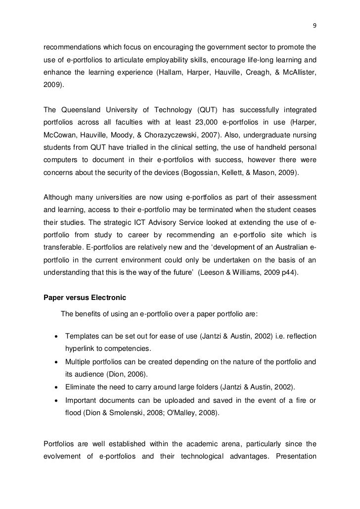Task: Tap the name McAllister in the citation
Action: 295,73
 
